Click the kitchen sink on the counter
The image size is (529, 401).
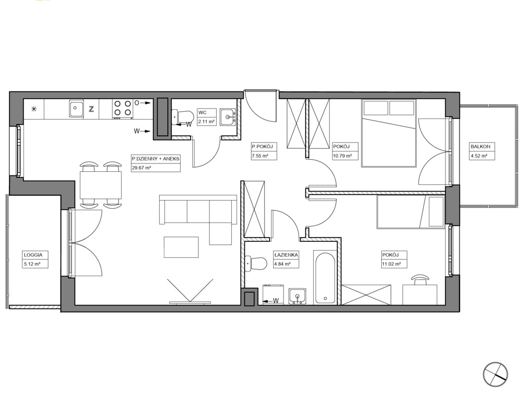click(x=77, y=109)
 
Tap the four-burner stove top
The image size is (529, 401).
click(x=122, y=109)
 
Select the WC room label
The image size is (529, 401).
click(x=203, y=113)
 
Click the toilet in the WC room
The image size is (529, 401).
click(x=182, y=117)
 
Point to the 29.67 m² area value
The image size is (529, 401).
click(x=142, y=168)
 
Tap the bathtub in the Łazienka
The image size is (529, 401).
click(x=325, y=278)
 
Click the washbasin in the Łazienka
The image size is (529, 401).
click(x=297, y=296)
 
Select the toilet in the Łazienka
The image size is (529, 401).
click(x=256, y=264)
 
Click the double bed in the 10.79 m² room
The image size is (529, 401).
click(x=389, y=133)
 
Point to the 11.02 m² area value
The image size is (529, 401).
click(x=391, y=264)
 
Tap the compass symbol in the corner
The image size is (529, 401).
click(x=495, y=374)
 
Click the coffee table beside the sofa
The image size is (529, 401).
click(x=181, y=247)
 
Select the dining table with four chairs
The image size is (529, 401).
click(x=101, y=184)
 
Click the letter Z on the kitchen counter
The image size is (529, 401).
click(x=91, y=109)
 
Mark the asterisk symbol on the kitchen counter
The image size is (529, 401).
click(x=34, y=109)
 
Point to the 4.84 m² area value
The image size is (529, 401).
click(x=283, y=264)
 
